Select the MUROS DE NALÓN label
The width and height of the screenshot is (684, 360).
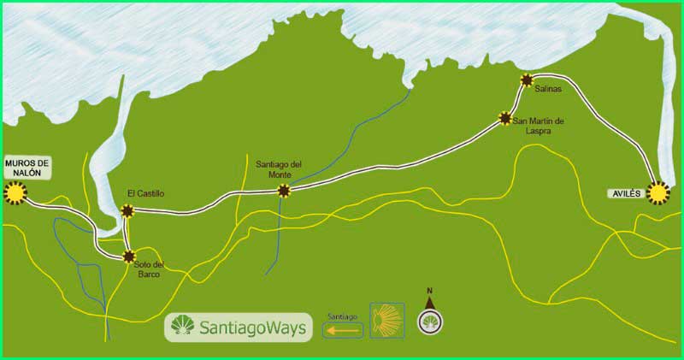[x=27, y=167]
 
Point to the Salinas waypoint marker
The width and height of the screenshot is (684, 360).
[x=527, y=80]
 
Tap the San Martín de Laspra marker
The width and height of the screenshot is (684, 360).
[x=505, y=120]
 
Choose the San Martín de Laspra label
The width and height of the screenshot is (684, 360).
[x=541, y=126]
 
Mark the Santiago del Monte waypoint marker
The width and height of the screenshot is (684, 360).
[x=284, y=191]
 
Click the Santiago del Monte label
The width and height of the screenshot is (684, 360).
[x=279, y=169]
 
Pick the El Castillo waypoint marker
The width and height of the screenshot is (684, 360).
[x=127, y=210]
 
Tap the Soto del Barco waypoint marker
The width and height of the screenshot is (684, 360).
[x=128, y=256]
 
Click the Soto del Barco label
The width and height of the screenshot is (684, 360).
[x=147, y=270]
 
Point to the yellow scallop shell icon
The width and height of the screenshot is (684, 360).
[x=386, y=321]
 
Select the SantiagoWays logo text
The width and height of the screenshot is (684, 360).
[x=252, y=328]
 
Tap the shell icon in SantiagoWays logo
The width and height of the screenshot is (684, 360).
[x=182, y=327]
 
